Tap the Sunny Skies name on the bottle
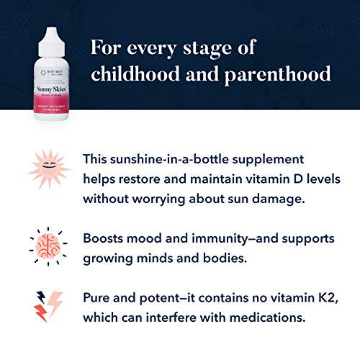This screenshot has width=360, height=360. point(50,89)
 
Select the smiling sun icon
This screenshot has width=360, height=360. point(50,170)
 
